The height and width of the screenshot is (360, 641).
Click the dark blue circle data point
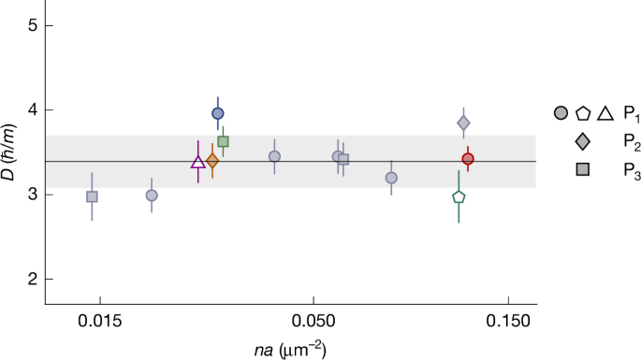point(218,113)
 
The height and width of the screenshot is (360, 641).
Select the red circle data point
point(468,159)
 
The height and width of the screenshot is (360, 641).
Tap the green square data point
point(223,142)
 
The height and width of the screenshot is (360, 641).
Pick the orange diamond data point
point(212,161)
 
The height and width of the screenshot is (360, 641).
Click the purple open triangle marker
point(198,162)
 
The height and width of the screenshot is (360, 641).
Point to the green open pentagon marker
point(459,196)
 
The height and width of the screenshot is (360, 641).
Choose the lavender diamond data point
point(463,122)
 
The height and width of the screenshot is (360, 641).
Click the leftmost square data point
point(92,196)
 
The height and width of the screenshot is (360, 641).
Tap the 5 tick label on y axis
point(32,25)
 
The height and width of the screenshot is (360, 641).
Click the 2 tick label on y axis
point(32,279)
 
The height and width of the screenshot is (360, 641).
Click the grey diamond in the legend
point(583,141)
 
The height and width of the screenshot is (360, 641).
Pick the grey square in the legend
point(583,169)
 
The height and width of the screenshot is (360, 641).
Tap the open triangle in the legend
point(605,113)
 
